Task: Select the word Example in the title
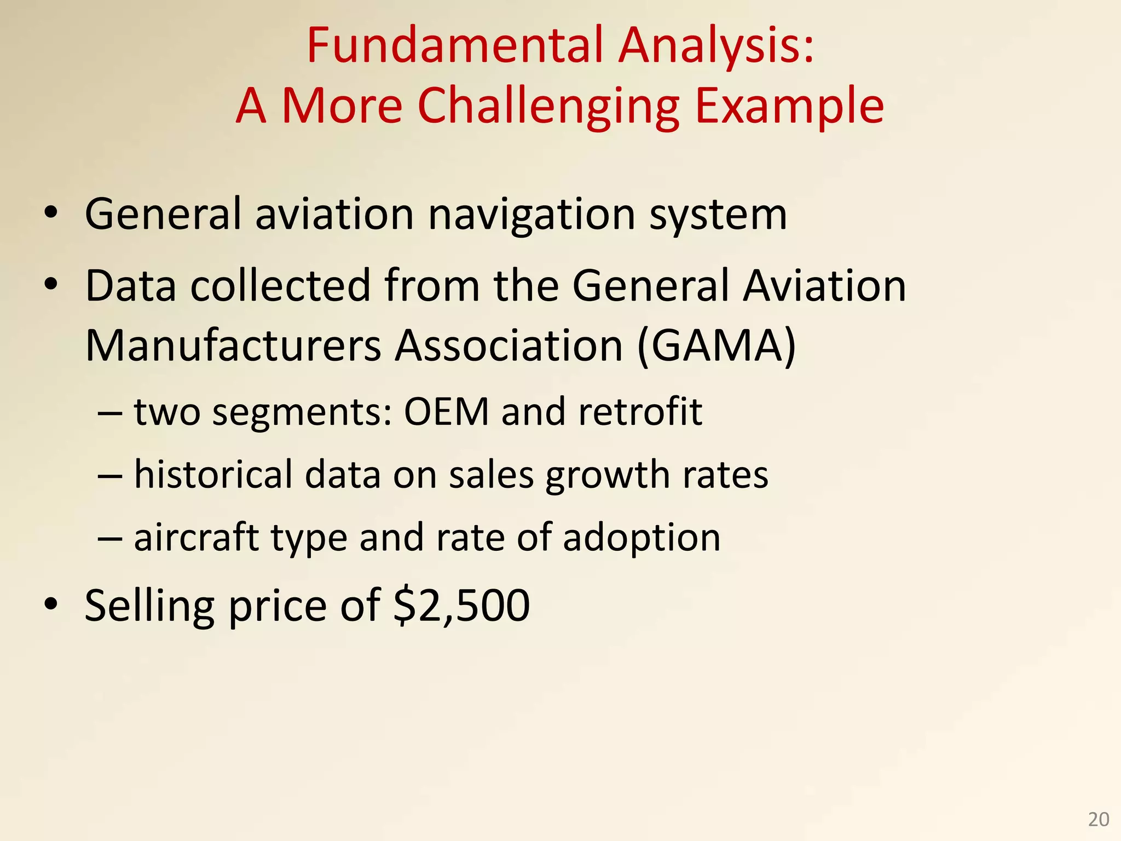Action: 789,106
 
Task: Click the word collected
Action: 280,286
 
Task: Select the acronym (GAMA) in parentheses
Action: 716,346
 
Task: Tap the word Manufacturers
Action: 233,346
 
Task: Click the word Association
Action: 509,346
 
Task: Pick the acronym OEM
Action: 446,412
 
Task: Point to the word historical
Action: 213,474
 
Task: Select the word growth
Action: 608,475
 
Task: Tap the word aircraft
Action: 197,537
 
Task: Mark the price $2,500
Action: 462,606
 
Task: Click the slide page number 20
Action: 1098,820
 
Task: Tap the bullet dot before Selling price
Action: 51,604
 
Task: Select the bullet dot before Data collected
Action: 51,284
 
